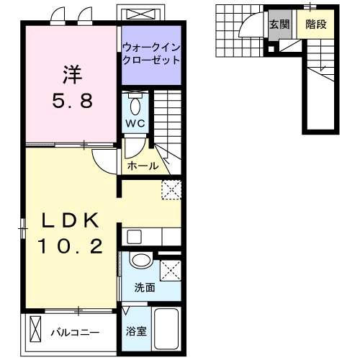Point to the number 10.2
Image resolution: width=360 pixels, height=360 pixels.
69,247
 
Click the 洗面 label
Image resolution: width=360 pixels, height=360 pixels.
145,288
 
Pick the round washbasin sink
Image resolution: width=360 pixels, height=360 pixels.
142,262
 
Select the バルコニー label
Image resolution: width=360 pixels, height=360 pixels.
75,333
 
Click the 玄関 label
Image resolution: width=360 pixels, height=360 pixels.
279,24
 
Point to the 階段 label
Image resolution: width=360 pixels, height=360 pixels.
315,24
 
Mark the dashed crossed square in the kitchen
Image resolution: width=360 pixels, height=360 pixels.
171,189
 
